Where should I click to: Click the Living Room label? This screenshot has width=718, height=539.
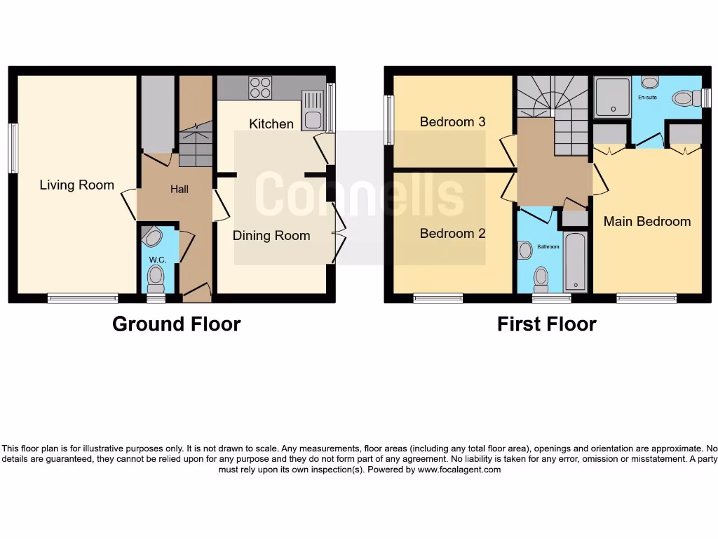[x=76, y=185]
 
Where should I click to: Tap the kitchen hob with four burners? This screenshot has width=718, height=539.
[x=260, y=88]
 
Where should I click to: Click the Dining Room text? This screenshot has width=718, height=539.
[x=271, y=236]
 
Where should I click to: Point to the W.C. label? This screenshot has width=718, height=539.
[x=157, y=260]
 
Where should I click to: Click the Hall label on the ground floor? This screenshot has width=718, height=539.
[x=179, y=189]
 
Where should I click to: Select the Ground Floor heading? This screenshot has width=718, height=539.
[x=176, y=324]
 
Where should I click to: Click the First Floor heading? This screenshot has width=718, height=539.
[x=546, y=324]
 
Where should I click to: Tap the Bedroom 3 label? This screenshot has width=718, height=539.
[x=452, y=122]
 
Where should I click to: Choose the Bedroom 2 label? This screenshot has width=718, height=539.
[x=452, y=234]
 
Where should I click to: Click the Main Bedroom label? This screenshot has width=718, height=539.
[x=647, y=222]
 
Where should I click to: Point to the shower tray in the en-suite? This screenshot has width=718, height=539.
[x=612, y=97]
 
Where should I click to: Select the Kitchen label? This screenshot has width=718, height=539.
[x=271, y=124]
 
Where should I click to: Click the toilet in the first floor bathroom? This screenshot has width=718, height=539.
[x=541, y=279]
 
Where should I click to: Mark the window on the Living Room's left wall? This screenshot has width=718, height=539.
[x=13, y=148]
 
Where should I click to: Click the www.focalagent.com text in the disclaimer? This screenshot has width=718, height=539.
[x=459, y=470]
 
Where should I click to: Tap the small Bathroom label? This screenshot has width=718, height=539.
[x=548, y=247]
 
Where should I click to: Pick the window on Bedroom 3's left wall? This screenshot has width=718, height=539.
[x=388, y=119]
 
